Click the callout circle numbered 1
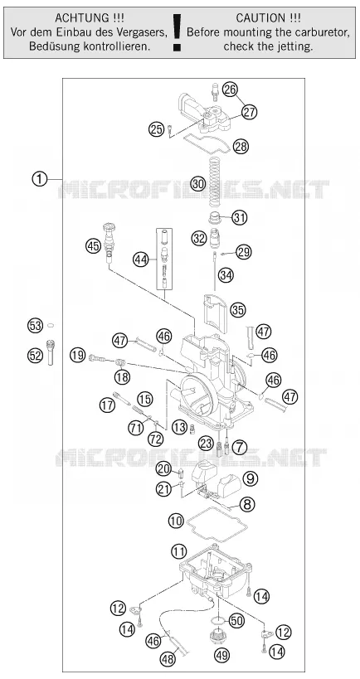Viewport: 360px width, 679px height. [x=40, y=179]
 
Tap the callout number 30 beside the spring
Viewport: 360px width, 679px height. [x=198, y=183]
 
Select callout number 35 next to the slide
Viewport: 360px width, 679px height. [x=237, y=309]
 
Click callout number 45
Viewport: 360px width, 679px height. [x=93, y=246]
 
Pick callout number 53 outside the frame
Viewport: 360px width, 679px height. [x=36, y=325]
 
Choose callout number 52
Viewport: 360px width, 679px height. [x=36, y=356]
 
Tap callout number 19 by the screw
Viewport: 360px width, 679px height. [x=77, y=356]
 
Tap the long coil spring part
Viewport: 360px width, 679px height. [x=212, y=182]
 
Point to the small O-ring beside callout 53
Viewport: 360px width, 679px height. [x=51, y=325]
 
